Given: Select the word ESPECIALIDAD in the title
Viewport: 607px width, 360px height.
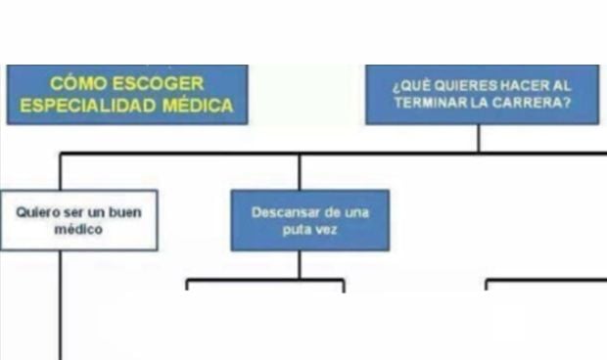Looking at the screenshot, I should click(x=80, y=106).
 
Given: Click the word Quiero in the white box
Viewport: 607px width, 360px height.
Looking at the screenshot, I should click(x=38, y=210).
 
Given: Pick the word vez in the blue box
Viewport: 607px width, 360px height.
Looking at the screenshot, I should click(x=328, y=230).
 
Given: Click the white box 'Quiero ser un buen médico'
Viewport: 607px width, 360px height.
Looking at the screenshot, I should click(x=78, y=220).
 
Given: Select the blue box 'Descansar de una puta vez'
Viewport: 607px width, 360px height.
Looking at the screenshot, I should click(x=309, y=220).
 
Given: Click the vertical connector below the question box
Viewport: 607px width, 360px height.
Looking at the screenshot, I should click(x=479, y=138).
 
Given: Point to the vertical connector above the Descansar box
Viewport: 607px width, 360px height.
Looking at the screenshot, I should click(x=300, y=171).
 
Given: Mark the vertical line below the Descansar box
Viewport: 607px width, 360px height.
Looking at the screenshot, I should click(x=300, y=264).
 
